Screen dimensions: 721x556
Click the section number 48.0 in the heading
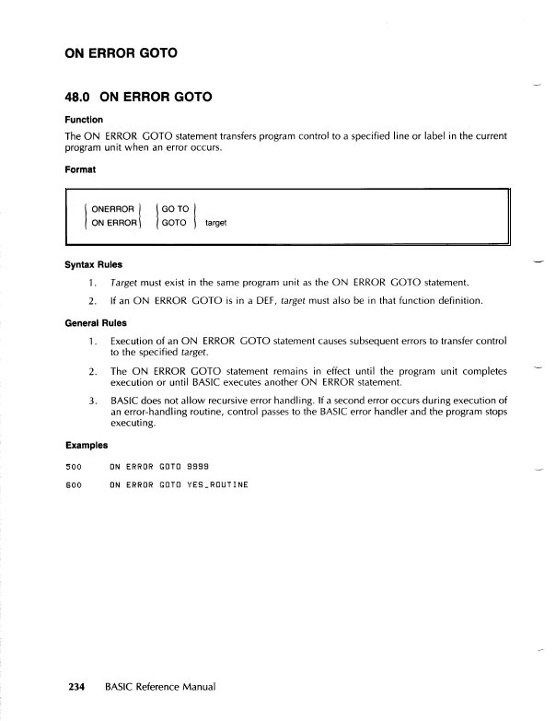(x=82, y=96)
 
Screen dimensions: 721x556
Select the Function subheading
(x=83, y=120)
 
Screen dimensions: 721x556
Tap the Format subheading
(x=79, y=169)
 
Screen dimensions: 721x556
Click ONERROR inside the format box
(x=113, y=209)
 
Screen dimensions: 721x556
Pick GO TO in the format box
(x=175, y=209)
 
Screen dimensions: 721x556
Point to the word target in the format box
(x=216, y=223)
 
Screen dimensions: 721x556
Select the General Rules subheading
(x=97, y=323)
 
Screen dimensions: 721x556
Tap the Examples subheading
(x=85, y=449)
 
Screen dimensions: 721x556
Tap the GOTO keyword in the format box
(x=174, y=223)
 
